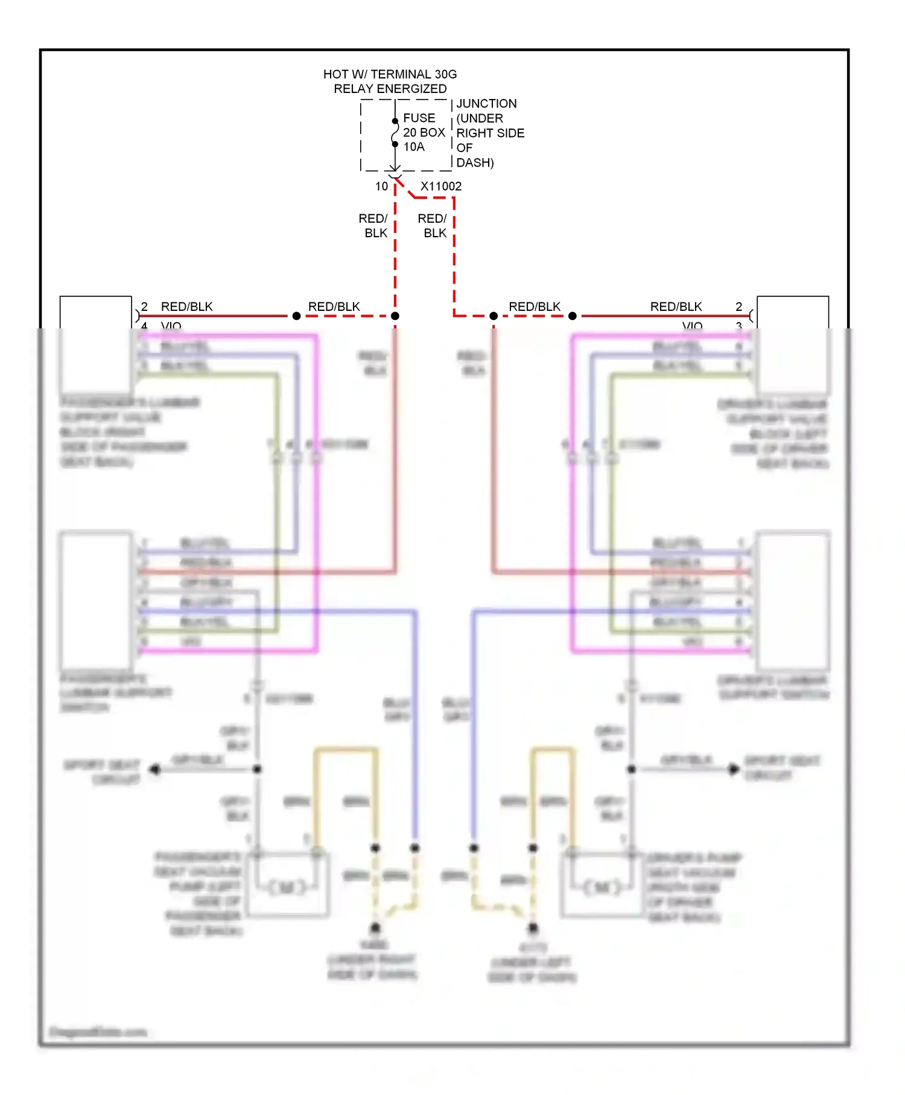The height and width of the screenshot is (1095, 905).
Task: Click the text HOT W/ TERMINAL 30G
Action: click(390, 74)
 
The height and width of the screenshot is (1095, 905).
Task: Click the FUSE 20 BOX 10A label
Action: click(424, 132)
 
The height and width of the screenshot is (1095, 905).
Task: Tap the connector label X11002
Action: click(441, 187)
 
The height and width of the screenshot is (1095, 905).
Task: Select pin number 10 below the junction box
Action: click(381, 187)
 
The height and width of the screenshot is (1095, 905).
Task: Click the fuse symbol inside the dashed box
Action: click(395, 133)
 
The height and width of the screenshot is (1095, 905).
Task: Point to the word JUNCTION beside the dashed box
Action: click(486, 104)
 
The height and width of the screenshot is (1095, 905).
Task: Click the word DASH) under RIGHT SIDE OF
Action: click(475, 163)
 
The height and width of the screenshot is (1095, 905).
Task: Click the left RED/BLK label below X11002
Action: click(374, 226)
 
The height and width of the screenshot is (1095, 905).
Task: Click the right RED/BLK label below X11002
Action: click(433, 226)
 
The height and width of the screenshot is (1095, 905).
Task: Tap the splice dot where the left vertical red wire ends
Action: click(395, 316)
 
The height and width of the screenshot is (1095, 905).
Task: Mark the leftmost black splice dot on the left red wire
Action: click(296, 316)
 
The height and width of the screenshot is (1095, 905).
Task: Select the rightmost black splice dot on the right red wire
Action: click(573, 316)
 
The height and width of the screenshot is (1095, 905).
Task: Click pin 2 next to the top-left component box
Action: click(144, 307)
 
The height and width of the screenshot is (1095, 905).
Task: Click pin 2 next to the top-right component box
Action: click(738, 307)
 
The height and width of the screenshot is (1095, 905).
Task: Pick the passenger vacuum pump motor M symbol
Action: click(287, 887)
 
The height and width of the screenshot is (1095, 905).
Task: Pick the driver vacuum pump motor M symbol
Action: click(603, 887)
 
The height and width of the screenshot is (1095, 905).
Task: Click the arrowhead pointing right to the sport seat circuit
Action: click(734, 770)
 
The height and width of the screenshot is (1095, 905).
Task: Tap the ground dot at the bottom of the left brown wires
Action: click(375, 928)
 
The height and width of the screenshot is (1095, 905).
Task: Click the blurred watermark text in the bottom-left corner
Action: click(98, 1032)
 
